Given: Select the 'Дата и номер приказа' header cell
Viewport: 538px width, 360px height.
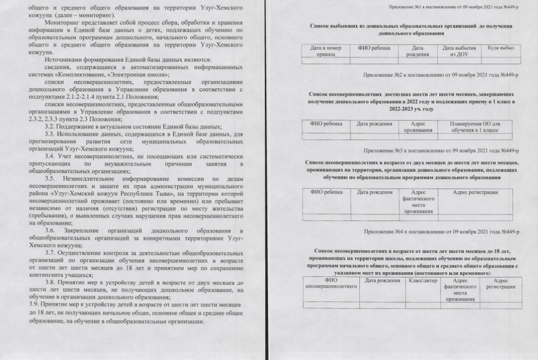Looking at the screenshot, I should pyautogui.click(x=325, y=51).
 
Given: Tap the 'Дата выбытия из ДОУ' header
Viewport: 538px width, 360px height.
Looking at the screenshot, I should pyautogui.click(x=456, y=51).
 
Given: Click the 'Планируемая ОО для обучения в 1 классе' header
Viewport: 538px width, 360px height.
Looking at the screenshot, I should pyautogui.click(x=474, y=127).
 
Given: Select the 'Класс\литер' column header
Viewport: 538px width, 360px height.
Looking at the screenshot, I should pyautogui.click(x=422, y=281).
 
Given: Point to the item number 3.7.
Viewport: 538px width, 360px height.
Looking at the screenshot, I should pyautogui.click(x=51, y=253).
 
